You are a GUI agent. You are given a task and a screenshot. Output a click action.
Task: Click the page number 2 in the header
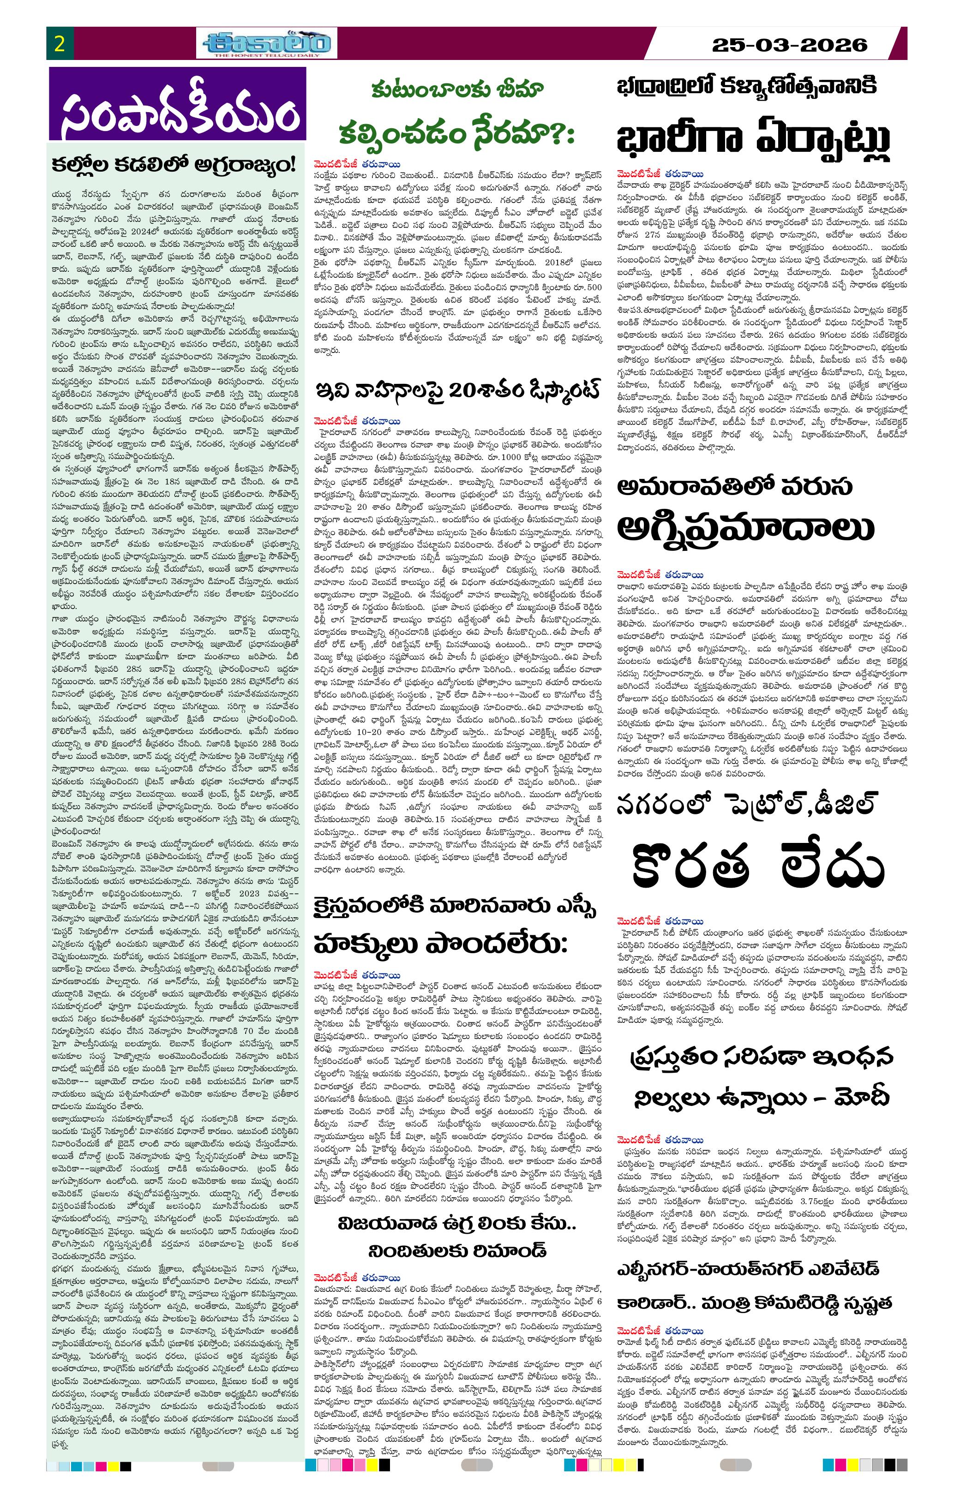pos(60,43)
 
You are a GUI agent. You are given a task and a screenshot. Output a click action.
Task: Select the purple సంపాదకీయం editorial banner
pos(178,104)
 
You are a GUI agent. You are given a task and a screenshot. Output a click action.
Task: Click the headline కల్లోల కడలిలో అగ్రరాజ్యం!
pos(175,165)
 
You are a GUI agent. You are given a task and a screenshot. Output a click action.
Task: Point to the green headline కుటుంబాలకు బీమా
pos(457,90)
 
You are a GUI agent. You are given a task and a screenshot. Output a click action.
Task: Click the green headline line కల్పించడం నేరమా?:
pos(456,132)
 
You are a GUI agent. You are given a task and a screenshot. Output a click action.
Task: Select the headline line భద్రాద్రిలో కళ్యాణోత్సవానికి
pos(746,86)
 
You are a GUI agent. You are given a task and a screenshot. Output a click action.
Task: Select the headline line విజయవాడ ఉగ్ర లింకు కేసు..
pos(456,1224)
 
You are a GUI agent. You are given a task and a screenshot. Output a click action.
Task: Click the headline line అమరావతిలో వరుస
pos(735,487)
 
